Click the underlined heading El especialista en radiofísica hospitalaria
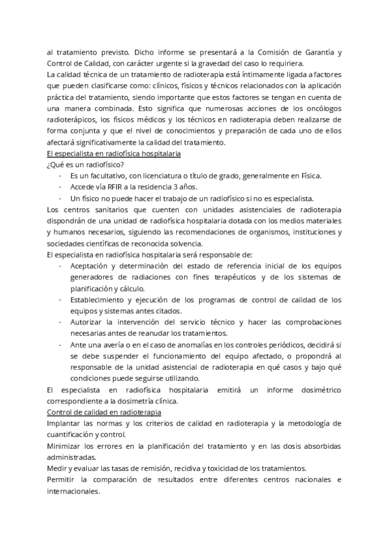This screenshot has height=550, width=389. [114, 154]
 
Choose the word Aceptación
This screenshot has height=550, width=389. [93, 267]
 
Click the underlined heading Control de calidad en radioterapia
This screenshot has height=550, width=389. [104, 413]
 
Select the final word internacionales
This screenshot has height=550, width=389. [74, 492]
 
